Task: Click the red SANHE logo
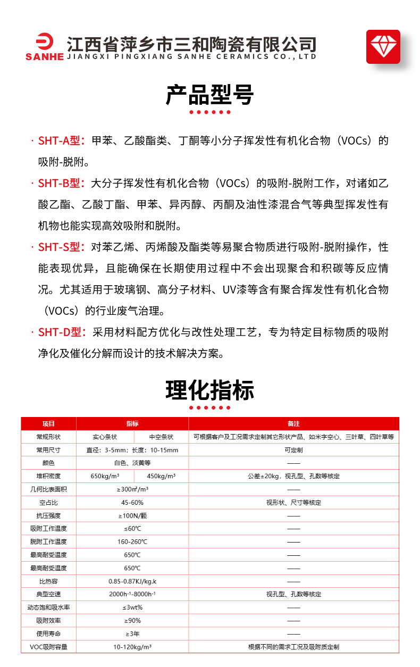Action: tap(44, 48)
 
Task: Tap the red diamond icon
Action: tap(383, 47)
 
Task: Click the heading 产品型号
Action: tap(210, 95)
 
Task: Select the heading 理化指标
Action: tap(210, 390)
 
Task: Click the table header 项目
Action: tap(48, 424)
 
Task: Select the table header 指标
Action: tap(132, 424)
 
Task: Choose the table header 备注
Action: tap(293, 424)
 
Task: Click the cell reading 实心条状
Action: tap(105, 437)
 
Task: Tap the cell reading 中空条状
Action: tap(161, 437)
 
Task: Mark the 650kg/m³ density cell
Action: tap(105, 476)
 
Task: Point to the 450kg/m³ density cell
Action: tap(161, 476)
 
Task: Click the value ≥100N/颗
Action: tap(132, 515)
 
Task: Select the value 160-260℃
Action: tap(132, 541)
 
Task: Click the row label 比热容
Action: tap(48, 581)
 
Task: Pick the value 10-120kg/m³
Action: tap(132, 647)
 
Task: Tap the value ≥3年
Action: tap(132, 633)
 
